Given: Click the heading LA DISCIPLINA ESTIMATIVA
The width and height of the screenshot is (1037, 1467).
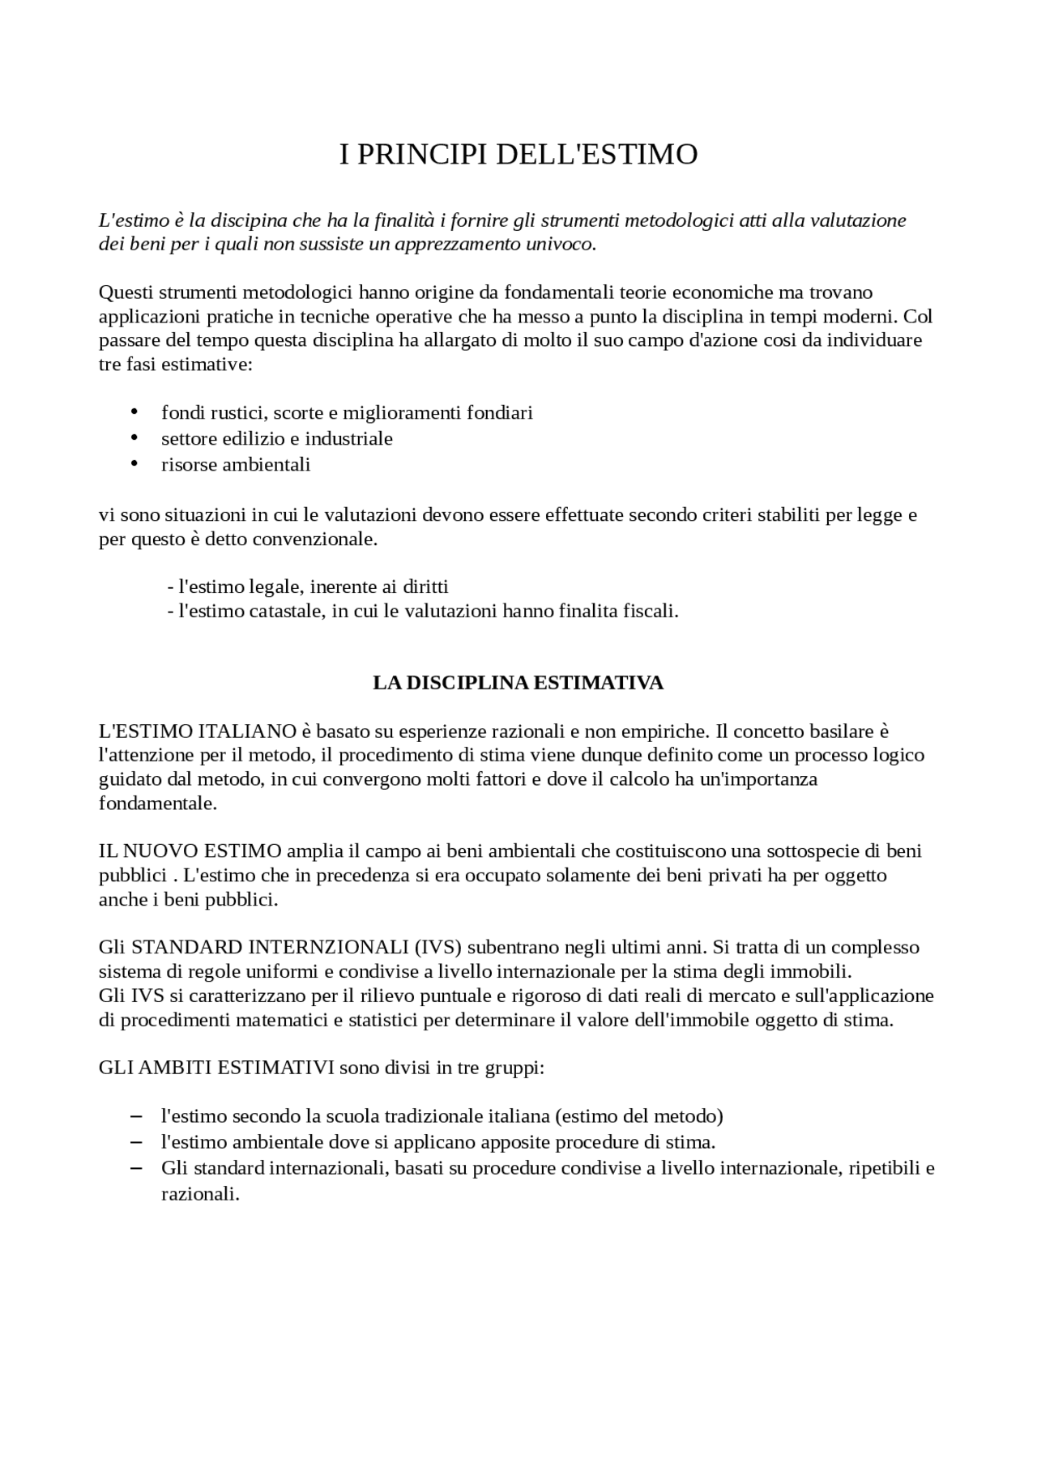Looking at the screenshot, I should click(x=518, y=683).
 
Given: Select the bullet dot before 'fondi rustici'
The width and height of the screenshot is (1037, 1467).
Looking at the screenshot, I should click(x=134, y=412).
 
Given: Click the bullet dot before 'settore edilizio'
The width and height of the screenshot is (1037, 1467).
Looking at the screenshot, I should click(x=134, y=437).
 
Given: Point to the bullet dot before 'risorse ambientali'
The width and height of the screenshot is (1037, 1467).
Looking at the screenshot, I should click(x=134, y=463).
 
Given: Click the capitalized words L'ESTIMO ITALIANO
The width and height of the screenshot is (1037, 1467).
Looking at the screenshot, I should click(x=198, y=731).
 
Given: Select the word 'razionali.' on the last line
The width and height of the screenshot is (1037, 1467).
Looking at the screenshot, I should click(x=201, y=1194).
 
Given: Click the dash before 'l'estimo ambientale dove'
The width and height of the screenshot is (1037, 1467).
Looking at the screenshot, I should click(x=135, y=1141).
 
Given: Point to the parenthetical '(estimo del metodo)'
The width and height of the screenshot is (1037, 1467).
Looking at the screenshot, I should click(x=639, y=1115).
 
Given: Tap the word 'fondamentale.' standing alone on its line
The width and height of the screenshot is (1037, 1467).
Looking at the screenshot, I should click(x=158, y=804).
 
